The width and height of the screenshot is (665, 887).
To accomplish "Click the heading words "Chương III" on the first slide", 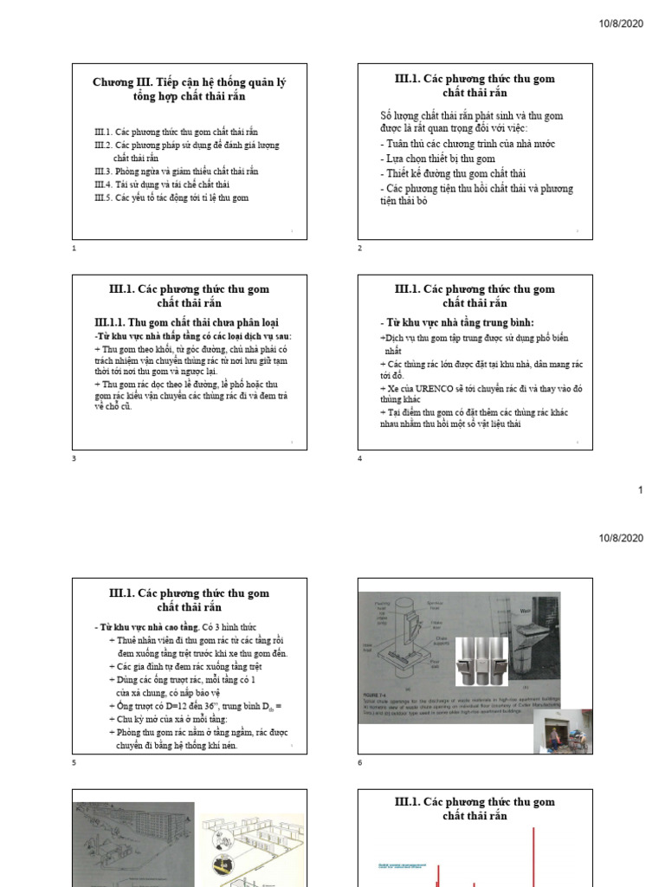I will [x=120, y=82].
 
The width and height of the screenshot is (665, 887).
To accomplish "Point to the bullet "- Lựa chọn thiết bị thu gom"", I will [x=438, y=159].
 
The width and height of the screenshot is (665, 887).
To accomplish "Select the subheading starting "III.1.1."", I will [x=181, y=322].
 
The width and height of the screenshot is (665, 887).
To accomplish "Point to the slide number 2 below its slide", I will [x=360, y=249].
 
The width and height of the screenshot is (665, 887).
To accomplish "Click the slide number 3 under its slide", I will [x=74, y=458].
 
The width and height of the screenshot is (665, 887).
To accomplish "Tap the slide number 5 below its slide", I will [x=74, y=763].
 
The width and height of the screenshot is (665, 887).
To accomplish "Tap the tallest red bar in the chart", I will [x=533, y=858].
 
